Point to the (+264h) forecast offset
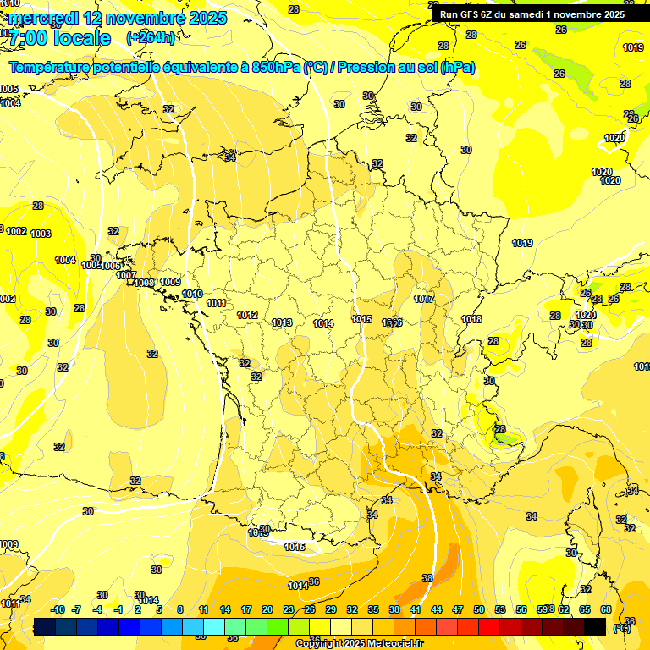pyautogui.click(x=151, y=38)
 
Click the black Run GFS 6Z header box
pyautogui.click(x=532, y=14)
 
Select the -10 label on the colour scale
pyautogui.click(x=58, y=609)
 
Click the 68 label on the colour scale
pyautogui.click(x=606, y=609)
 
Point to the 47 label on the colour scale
pyautogui.click(x=458, y=609)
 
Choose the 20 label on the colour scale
pyautogui.click(x=267, y=609)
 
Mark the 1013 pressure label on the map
pyautogui.click(x=283, y=322)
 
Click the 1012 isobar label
pyautogui.click(x=247, y=315)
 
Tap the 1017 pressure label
pyautogui.click(x=424, y=300)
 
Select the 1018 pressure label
pyautogui.click(x=471, y=319)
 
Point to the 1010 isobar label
pyautogui.click(x=192, y=294)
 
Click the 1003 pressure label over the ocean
pyautogui.click(x=41, y=234)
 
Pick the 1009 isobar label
pyautogui.click(x=170, y=282)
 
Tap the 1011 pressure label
pyautogui.click(x=216, y=303)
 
